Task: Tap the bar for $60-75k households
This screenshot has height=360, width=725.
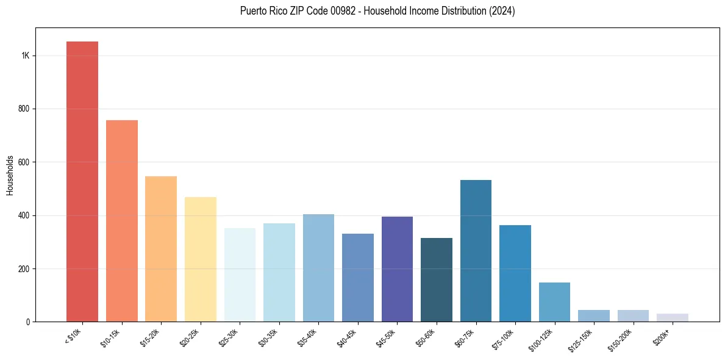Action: [476, 251]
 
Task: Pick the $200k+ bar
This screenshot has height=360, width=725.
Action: [672, 317]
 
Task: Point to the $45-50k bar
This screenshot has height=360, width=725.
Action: [397, 269]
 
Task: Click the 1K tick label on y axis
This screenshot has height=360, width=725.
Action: [25, 56]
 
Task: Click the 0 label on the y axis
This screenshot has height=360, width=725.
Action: [28, 322]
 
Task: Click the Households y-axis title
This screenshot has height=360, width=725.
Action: [10, 175]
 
